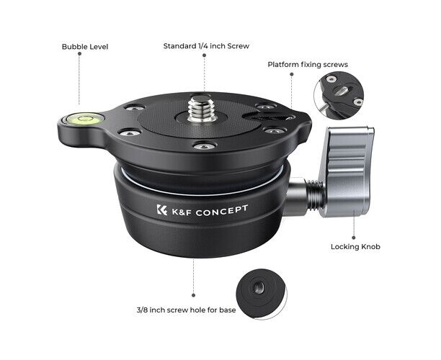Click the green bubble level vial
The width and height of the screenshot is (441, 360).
coord(84,119)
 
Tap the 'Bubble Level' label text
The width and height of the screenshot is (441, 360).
coord(85,47)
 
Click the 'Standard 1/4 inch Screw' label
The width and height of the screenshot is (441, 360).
coord(206,46)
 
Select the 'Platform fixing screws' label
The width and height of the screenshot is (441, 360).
coord(308,64)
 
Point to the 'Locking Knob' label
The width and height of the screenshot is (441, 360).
coord(355,247)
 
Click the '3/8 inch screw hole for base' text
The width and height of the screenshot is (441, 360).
coord(186,310)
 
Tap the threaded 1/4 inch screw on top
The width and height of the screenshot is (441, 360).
coord(201,109)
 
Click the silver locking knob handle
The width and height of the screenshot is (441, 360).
coord(348,171)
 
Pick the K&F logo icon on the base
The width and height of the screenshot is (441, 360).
coord(161,210)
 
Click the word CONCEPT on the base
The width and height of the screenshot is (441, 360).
coord(222,210)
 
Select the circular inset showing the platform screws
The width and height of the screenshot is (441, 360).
coord(339,95)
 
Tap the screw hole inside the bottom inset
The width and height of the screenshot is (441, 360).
coord(259,287)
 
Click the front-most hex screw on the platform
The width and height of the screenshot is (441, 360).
coord(205,146)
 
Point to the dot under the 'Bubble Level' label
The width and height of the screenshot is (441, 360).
coord(79,54)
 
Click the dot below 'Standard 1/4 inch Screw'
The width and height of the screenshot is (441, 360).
coord(204,55)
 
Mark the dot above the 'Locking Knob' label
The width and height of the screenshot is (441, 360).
coord(354,238)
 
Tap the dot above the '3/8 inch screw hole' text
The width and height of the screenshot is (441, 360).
coord(194,295)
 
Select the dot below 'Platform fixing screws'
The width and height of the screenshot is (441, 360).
coord(292,74)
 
